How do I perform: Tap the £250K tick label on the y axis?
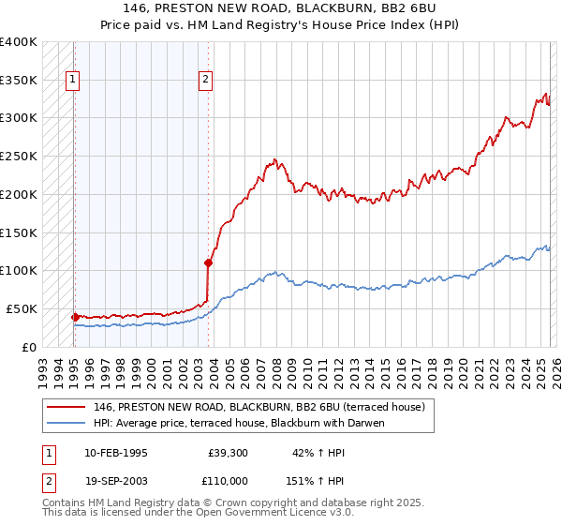(x=19, y=157)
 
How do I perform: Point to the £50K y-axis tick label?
(x=22, y=308)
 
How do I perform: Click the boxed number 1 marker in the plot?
(x=74, y=81)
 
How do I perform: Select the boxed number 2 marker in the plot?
(x=205, y=81)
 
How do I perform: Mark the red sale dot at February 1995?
(x=75, y=317)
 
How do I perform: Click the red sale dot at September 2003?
(x=208, y=263)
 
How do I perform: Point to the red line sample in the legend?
(x=67, y=407)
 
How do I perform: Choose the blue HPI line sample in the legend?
(x=67, y=423)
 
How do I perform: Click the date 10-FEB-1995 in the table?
(x=115, y=453)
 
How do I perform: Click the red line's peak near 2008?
(x=274, y=159)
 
